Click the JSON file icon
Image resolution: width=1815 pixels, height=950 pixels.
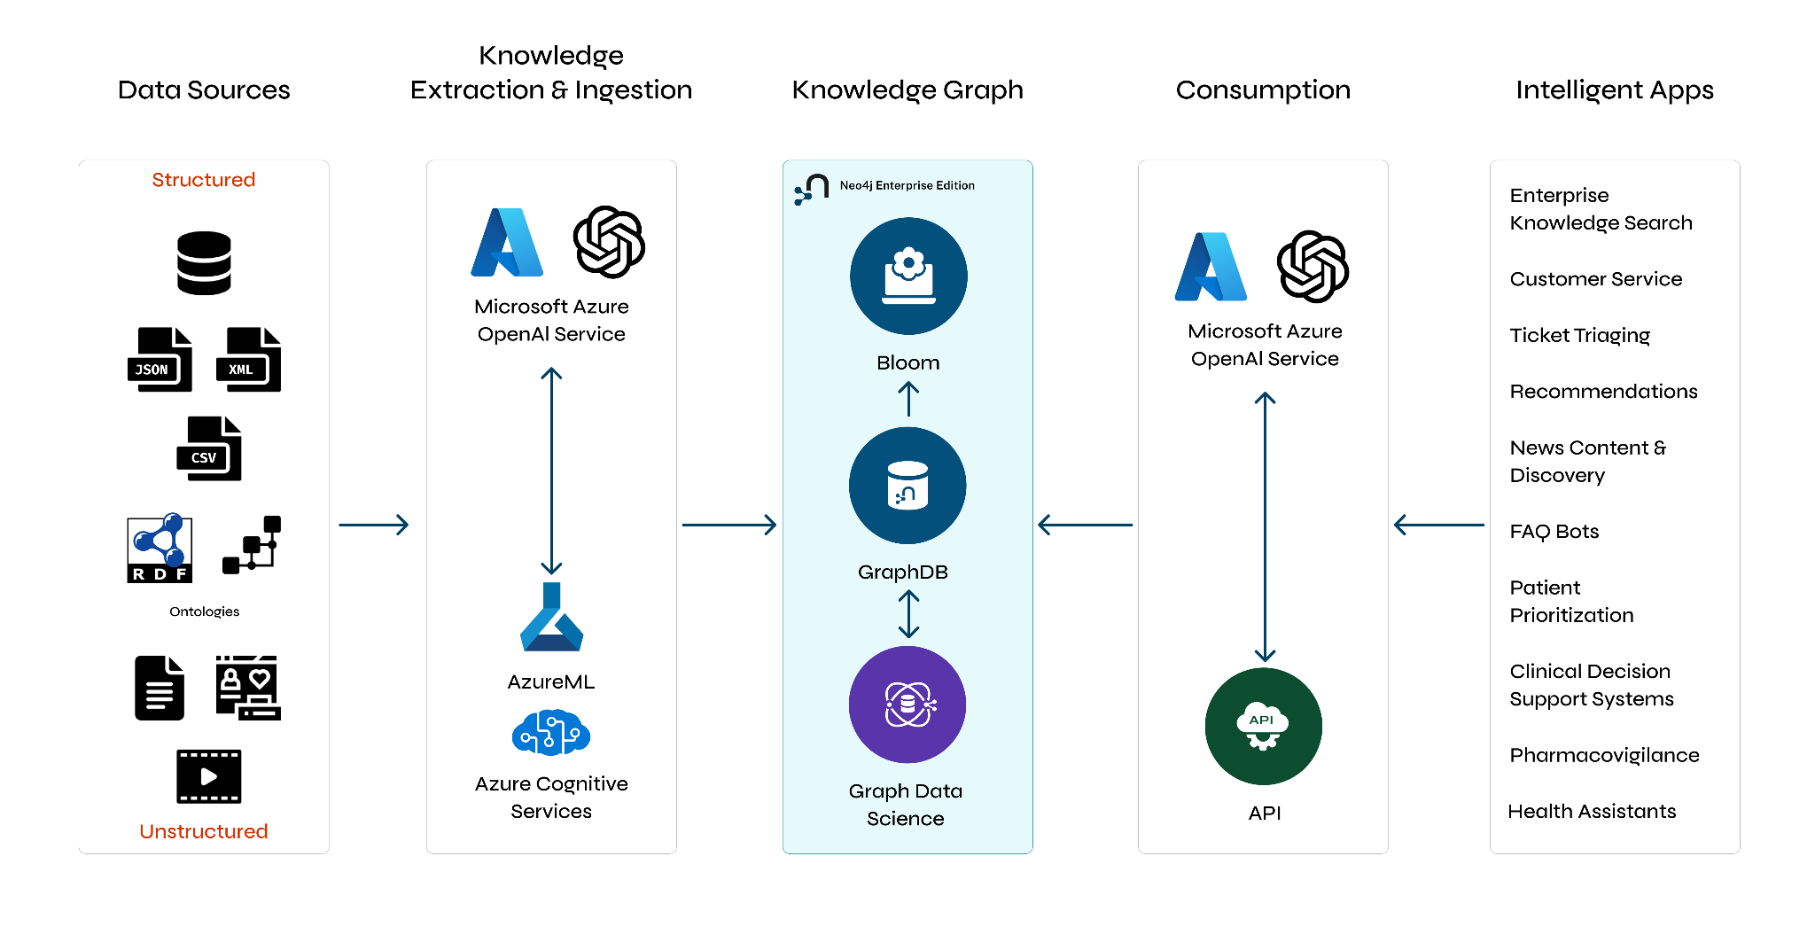160,360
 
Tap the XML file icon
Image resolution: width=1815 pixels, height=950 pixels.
248,360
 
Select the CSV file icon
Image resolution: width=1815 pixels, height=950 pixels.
209,448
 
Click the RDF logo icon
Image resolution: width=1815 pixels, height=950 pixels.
160,548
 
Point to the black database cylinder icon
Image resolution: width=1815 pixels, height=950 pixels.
204,263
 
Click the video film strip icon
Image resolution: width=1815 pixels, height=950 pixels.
208,776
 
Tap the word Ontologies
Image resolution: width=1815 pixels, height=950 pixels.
204,611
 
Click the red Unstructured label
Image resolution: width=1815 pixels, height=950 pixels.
204,831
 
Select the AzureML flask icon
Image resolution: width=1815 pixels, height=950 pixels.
551,618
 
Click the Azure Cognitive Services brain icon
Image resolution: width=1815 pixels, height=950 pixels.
551,732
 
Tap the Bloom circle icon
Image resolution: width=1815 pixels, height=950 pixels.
908,276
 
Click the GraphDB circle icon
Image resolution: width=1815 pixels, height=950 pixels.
907,486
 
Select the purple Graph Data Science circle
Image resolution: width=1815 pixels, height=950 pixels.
907,705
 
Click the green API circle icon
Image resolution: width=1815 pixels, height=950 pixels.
1264,726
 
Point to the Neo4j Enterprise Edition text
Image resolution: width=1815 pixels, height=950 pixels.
907,185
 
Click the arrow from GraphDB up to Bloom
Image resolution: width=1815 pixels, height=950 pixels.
908,399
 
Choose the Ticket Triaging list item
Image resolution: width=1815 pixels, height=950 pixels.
1579,335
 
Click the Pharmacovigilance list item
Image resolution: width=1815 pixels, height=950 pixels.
1604,755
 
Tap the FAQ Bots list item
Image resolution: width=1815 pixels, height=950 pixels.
1554,532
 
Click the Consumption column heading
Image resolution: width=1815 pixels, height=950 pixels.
1263,90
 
